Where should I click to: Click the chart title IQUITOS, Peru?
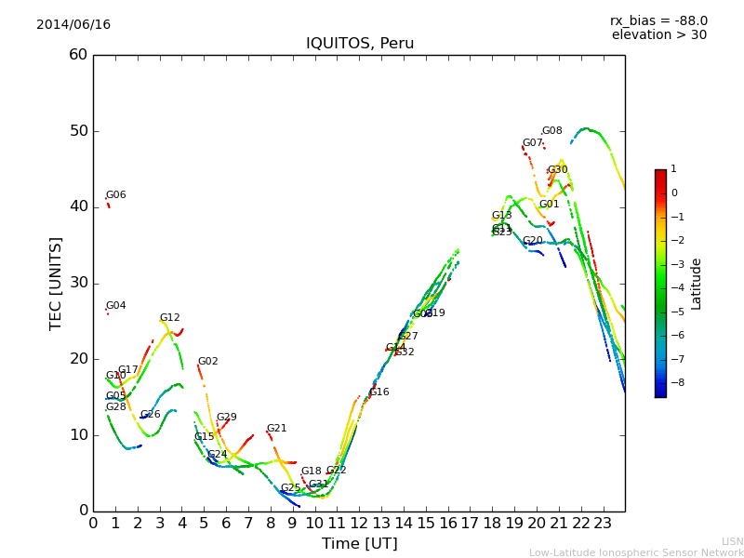click(360, 44)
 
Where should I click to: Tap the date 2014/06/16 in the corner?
click(73, 24)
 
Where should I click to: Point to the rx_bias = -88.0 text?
click(658, 20)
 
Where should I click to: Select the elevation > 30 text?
click(658, 35)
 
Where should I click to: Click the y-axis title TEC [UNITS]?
click(56, 283)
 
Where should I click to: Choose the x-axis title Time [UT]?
click(360, 544)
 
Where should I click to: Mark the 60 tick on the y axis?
click(78, 55)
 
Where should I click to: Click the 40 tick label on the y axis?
click(78, 206)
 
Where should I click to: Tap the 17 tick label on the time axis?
click(470, 524)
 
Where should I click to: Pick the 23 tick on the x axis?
click(603, 524)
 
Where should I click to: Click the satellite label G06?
click(115, 195)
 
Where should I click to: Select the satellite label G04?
click(115, 306)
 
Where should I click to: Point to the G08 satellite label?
click(551, 131)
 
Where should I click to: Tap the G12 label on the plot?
click(169, 318)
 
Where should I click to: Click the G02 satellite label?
click(207, 362)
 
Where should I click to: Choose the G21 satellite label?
click(276, 429)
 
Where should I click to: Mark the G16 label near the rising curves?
click(379, 392)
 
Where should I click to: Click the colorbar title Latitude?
click(697, 284)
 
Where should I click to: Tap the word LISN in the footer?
click(732, 541)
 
